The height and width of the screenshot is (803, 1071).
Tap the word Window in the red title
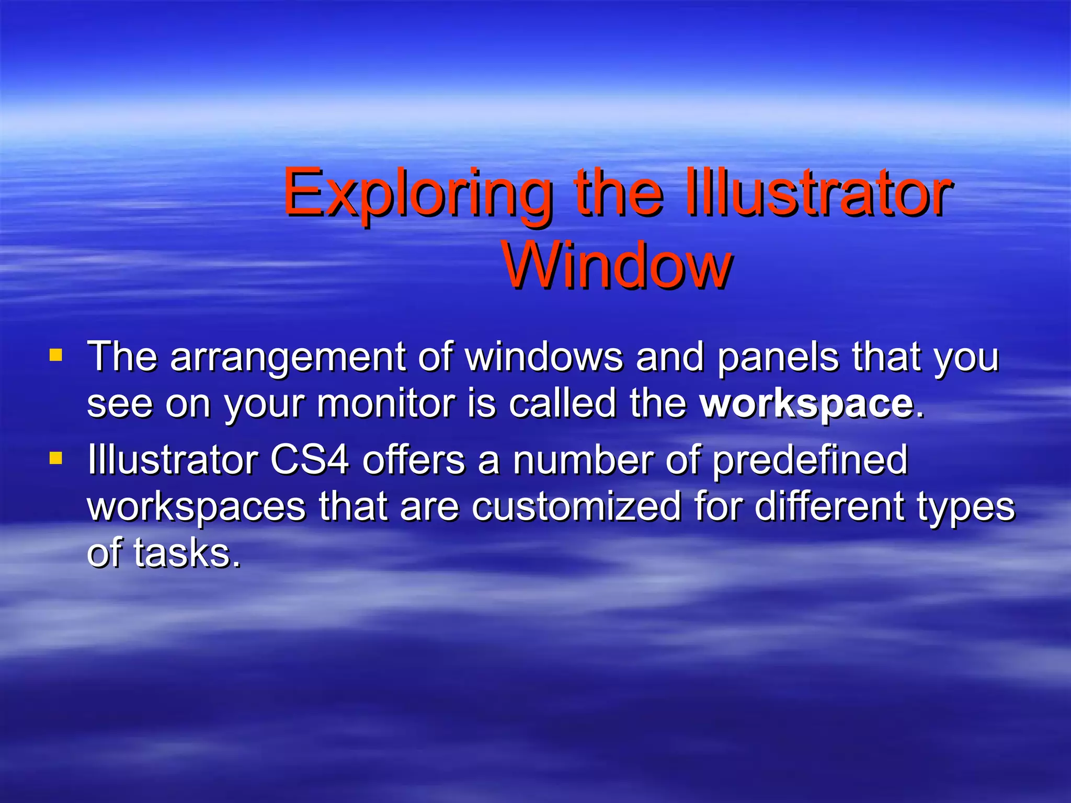click(617, 267)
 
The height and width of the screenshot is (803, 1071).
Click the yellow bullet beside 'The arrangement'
click(55, 356)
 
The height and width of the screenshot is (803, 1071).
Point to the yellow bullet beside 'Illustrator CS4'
click(55, 458)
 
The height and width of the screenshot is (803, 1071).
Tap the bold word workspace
click(806, 405)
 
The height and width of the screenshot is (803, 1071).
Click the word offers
click(413, 460)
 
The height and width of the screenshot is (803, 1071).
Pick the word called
click(563, 404)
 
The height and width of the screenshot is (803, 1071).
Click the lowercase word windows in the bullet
click(544, 358)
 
